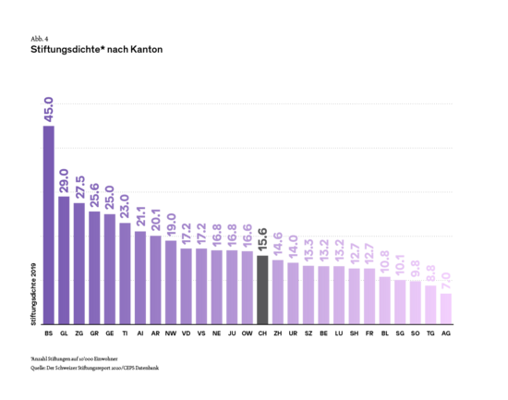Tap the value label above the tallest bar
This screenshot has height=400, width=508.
[x=49, y=109]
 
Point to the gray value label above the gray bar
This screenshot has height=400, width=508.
[x=262, y=240]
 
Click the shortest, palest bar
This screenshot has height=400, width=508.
[x=446, y=309]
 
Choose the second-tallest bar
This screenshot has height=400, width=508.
[x=64, y=260]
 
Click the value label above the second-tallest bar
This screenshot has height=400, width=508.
[x=64, y=180]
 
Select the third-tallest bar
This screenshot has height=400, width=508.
[x=79, y=263]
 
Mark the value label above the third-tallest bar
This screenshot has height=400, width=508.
[x=79, y=188]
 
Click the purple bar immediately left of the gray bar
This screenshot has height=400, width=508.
[x=248, y=286]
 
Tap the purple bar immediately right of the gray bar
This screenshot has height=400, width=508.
[x=278, y=291]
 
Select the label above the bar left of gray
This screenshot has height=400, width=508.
[x=248, y=236]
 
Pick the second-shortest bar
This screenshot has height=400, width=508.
[x=430, y=304]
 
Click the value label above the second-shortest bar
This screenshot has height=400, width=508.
[x=430, y=273]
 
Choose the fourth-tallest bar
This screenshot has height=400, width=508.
[x=94, y=267]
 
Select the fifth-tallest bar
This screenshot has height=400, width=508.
[x=110, y=269]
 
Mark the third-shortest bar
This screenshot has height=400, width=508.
[x=416, y=302]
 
